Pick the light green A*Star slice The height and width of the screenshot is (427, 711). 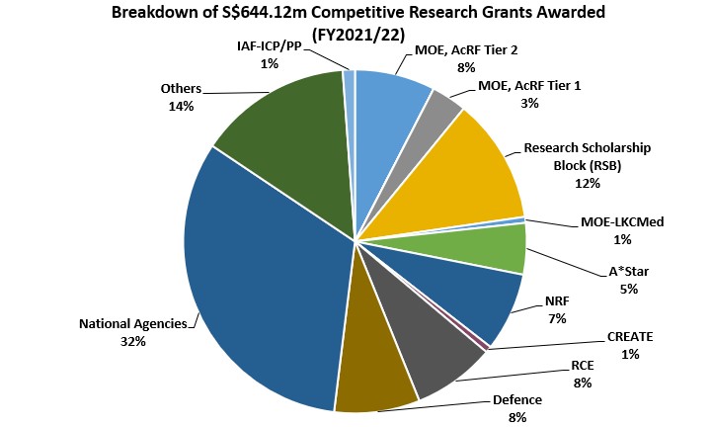[x=494, y=248]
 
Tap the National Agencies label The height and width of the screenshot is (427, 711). [x=133, y=322]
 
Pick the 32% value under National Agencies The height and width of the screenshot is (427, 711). [x=133, y=341]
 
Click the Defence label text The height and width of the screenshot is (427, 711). [x=517, y=400]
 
